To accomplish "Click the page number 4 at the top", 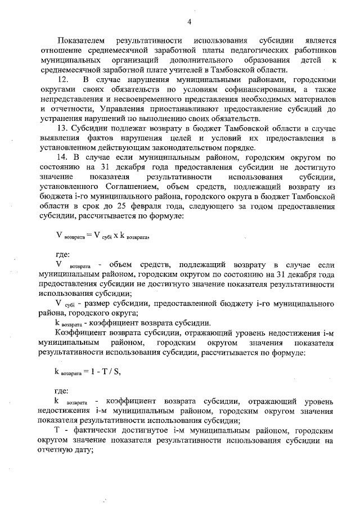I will [x=190, y=21].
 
